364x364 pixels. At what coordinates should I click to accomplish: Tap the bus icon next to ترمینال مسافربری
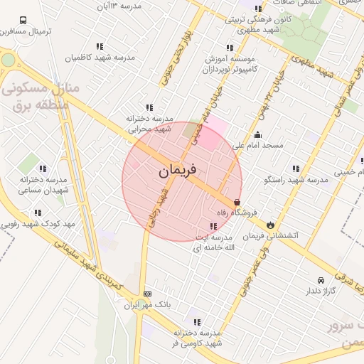pyautogui.click(x=24, y=21)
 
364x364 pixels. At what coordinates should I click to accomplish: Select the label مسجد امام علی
pyautogui.click(x=262, y=145)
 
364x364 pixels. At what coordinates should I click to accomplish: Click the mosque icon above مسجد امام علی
pyautogui.click(x=257, y=135)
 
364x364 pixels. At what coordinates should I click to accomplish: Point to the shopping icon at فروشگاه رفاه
pyautogui.click(x=237, y=202)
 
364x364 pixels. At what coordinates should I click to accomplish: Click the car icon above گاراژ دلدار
pyautogui.click(x=321, y=280)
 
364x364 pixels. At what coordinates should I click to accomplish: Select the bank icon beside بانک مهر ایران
pyautogui.click(x=147, y=294)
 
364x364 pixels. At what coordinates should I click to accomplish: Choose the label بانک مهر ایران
pyautogui.click(x=149, y=305)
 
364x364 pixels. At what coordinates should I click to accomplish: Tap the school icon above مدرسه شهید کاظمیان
pyautogui.click(x=110, y=47)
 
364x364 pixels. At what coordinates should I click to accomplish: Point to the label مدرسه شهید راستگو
pyautogui.click(x=296, y=180)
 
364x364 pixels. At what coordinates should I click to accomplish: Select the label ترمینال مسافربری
pyautogui.click(x=25, y=32)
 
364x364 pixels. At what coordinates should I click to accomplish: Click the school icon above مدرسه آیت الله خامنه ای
pyautogui.click(x=214, y=227)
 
